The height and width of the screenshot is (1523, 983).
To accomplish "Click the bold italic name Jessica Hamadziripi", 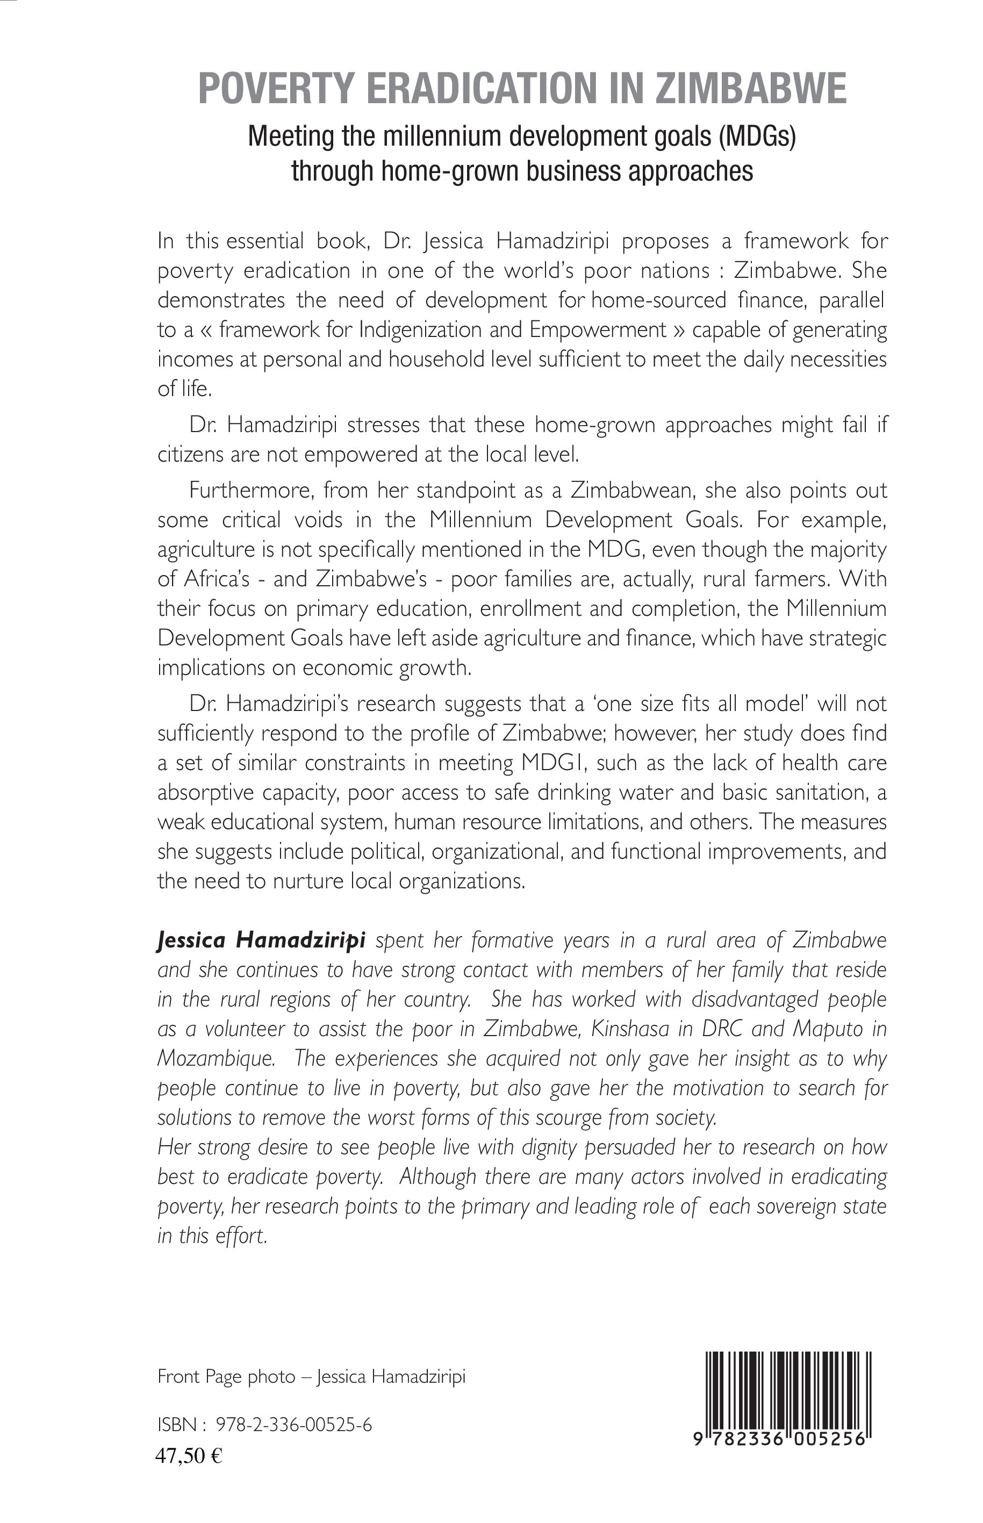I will pos(261,940).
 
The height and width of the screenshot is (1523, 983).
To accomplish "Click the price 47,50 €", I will pos(188,1455).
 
